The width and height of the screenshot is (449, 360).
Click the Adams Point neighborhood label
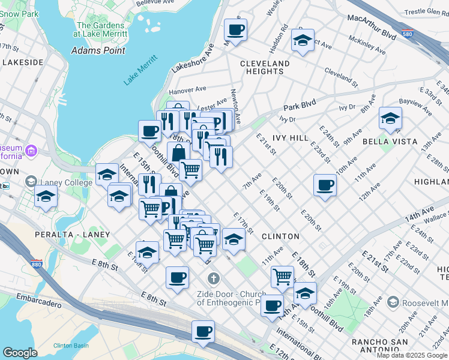[x=98, y=50]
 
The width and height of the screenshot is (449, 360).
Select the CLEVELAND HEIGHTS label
[x=265, y=67]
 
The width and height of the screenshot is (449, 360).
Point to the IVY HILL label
[x=291, y=138]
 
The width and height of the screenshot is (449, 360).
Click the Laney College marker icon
[x=31, y=181]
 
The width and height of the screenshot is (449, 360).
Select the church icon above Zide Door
[x=212, y=278]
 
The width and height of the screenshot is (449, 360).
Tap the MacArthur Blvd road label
[x=372, y=28]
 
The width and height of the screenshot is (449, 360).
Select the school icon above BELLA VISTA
[x=390, y=119]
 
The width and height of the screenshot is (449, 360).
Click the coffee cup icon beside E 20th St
[x=325, y=185]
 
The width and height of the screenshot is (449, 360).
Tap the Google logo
[x=20, y=353]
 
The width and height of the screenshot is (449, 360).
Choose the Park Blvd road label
[x=300, y=103]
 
